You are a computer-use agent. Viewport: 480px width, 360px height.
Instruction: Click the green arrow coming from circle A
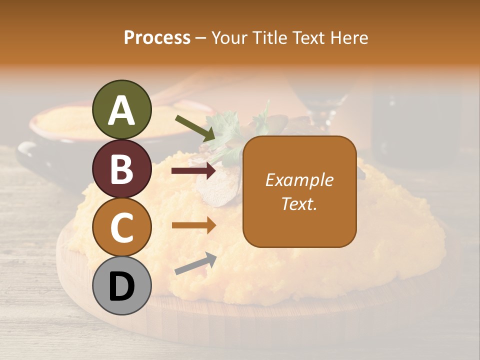tap(195, 127)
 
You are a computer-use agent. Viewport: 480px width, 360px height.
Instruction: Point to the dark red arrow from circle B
tap(193, 171)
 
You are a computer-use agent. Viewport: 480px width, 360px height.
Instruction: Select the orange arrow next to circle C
tap(193, 225)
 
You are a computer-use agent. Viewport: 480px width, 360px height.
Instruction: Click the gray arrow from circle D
tap(195, 263)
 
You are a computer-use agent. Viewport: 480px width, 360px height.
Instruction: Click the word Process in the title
tap(157, 38)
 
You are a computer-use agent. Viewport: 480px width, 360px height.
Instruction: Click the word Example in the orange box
tap(299, 180)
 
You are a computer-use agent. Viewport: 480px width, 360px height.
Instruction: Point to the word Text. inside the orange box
tap(299, 203)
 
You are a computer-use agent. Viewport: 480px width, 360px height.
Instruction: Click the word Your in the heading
tap(230, 38)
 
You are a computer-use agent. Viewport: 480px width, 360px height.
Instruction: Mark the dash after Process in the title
tap(200, 38)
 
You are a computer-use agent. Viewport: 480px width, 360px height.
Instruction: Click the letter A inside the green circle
tap(122, 110)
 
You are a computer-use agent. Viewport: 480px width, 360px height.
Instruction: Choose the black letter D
tap(122, 286)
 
